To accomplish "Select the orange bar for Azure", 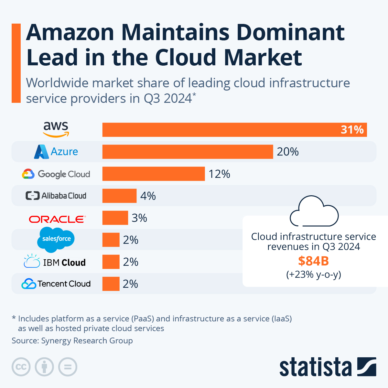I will (188, 152).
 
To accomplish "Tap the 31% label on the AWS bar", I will (352, 130).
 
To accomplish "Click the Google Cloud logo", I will (56, 174).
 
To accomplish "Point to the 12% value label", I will (219, 174).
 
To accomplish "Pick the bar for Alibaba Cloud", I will (119, 196).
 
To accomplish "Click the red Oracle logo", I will (57, 219).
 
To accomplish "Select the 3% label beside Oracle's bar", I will (139, 218).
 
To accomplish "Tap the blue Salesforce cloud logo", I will (56, 239).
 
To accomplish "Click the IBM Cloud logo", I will (55, 262).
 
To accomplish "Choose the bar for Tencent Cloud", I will (111, 284).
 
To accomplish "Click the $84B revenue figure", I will (313, 261).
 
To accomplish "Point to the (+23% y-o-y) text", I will (313, 275).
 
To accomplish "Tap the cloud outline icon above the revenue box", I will (314, 212).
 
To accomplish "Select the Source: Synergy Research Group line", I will (72, 340).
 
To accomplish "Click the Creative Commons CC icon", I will (21, 367).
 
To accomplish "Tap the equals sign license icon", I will (68, 367).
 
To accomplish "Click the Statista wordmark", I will (315, 368).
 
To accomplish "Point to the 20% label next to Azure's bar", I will (287, 152).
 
